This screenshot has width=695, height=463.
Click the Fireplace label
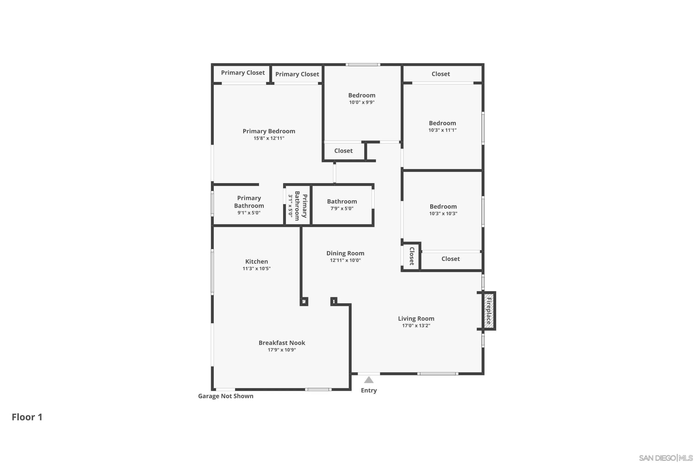tap(489, 311)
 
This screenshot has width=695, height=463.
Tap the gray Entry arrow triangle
tap(369, 380)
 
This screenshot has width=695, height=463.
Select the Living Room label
tap(416, 319)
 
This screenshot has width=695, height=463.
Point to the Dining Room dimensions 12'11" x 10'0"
tap(345, 260)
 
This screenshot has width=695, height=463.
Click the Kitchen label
tap(256, 261)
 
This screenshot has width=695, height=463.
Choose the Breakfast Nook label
tap(282, 343)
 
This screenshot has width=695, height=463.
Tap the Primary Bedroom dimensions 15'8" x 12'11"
tap(269, 138)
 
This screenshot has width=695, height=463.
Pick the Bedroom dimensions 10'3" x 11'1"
tap(442, 130)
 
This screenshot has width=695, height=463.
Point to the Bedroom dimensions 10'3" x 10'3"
tap(443, 213)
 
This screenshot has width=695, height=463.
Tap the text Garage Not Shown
tap(225, 396)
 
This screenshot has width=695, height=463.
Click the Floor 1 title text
tap(27, 417)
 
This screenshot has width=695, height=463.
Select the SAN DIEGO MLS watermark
tap(665, 458)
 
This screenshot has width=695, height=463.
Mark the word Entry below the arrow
tap(369, 390)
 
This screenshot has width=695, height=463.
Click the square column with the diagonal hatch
tap(304, 301)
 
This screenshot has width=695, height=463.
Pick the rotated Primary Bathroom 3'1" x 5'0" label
tap(297, 206)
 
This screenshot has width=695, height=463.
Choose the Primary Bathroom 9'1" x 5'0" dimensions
tap(249, 213)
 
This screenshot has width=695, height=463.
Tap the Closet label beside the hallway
tap(343, 151)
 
